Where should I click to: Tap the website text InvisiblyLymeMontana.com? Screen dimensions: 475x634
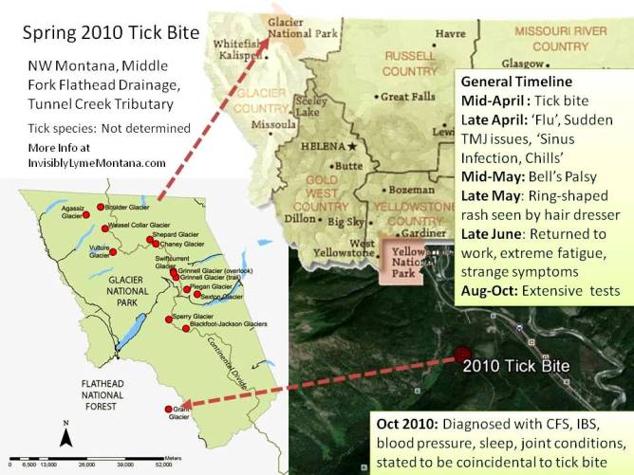[x=97, y=162]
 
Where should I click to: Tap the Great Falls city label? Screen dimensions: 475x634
[x=408, y=97]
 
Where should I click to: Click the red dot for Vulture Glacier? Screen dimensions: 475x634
[x=113, y=251]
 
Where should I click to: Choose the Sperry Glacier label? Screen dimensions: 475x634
[x=195, y=315]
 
